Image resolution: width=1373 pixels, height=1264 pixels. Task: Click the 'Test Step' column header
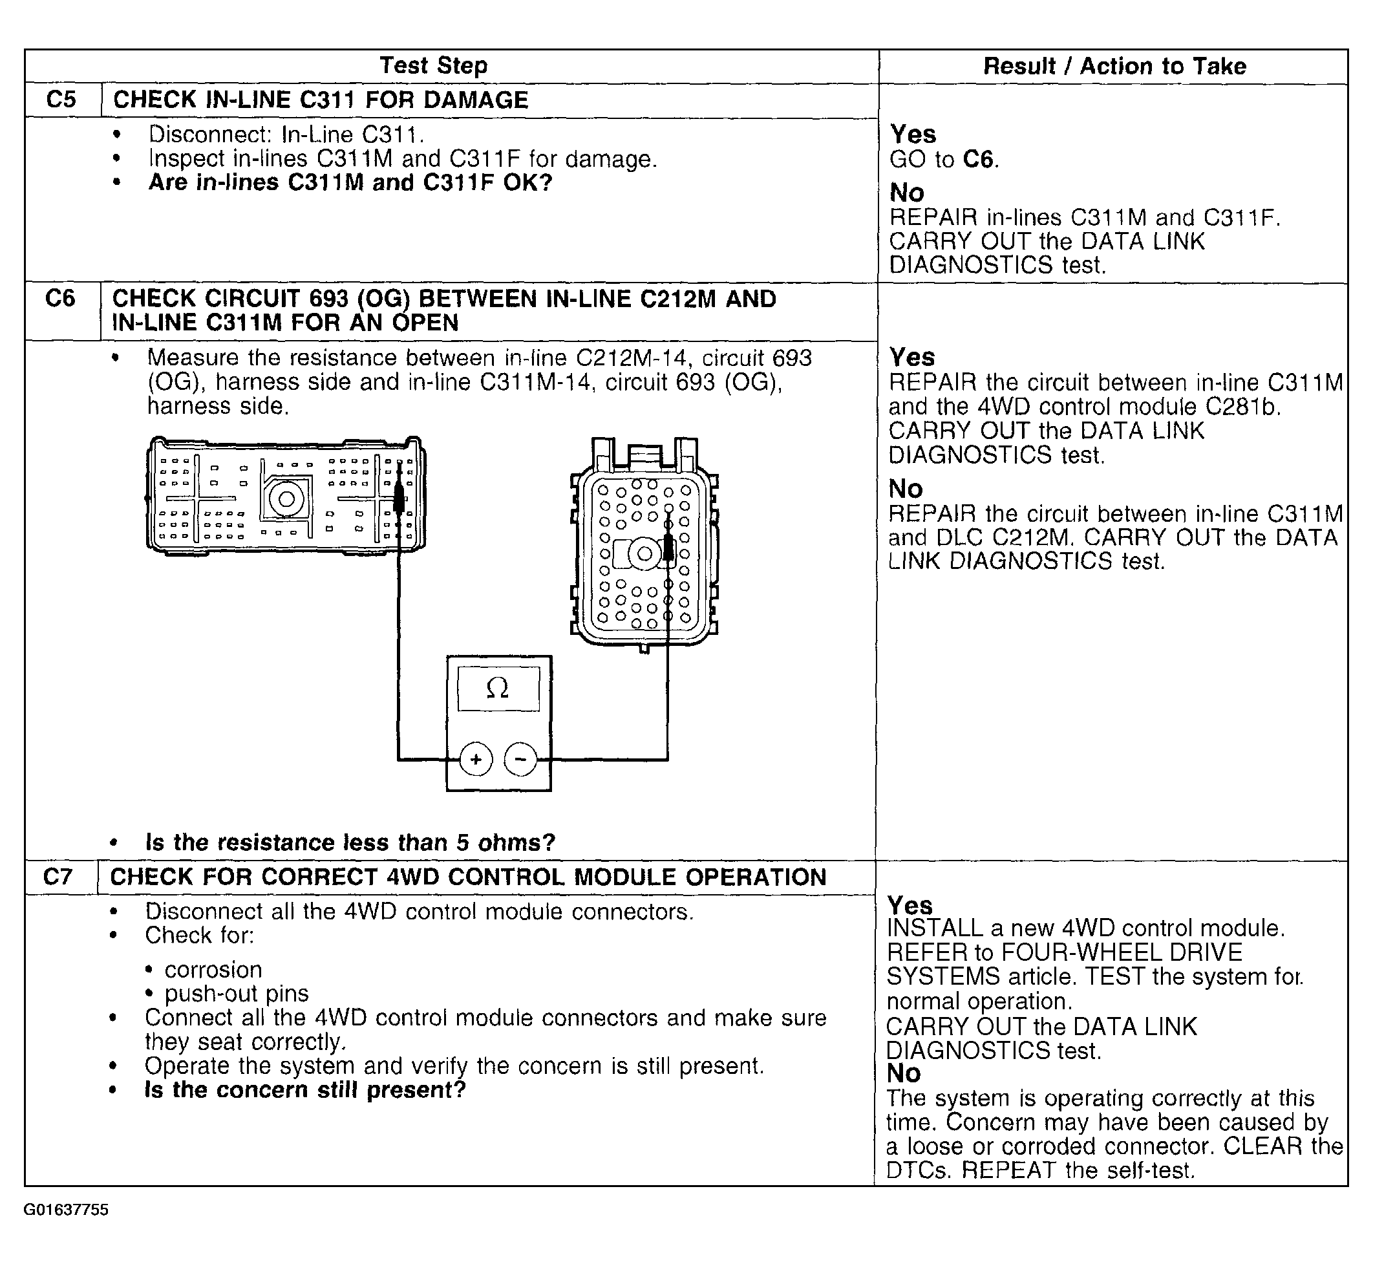[434, 66]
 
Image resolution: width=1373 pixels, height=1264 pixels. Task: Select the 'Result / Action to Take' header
[1114, 67]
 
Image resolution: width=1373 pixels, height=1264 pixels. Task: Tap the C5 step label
[61, 100]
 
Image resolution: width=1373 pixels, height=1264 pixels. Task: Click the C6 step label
[60, 299]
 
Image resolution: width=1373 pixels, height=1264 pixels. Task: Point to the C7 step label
[58, 877]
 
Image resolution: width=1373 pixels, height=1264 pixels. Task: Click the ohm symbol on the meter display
[497, 689]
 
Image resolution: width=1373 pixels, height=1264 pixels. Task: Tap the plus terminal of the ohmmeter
[476, 759]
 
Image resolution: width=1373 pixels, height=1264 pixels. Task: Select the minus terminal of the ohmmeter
[520, 759]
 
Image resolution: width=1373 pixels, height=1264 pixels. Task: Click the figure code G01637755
[67, 1210]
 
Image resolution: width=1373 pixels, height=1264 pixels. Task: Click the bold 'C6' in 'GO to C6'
[978, 159]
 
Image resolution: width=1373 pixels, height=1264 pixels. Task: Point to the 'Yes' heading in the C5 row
[913, 134]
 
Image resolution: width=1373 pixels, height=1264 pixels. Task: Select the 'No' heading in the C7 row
[903, 1073]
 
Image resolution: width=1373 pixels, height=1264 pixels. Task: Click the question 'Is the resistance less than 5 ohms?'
[350, 842]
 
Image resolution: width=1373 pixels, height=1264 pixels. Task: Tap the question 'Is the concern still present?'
[305, 1089]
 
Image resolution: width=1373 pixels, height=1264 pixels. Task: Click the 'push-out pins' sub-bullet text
[237, 993]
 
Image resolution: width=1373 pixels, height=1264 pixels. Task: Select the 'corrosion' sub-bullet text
[213, 969]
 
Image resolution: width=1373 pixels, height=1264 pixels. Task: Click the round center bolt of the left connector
[286, 498]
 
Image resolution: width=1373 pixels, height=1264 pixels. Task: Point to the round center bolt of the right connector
[644, 553]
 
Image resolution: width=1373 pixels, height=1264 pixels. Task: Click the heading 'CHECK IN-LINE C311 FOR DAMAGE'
[321, 100]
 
